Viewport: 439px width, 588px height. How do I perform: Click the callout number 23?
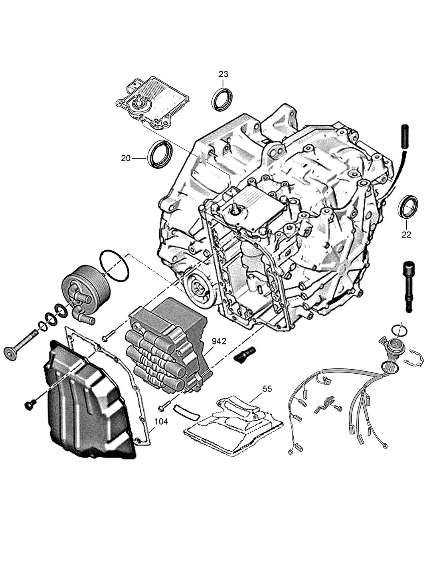coord(223,74)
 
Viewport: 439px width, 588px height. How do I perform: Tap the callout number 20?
coord(126,158)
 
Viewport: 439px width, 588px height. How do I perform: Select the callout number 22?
coord(406,235)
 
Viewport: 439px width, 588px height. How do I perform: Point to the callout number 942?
coord(219,341)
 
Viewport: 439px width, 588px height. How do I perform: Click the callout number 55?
coord(267,389)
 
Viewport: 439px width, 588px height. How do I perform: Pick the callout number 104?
coord(161,422)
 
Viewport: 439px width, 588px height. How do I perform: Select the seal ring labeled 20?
coord(160,155)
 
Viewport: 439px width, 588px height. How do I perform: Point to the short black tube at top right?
coord(405,136)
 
